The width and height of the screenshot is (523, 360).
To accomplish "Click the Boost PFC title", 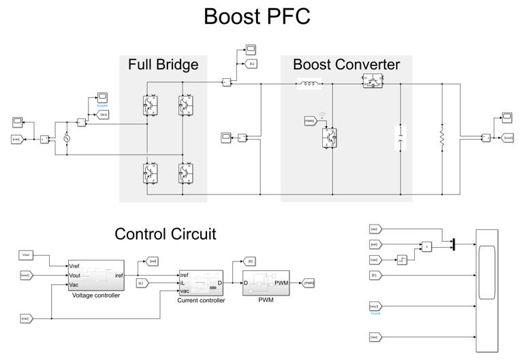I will pos(257,16).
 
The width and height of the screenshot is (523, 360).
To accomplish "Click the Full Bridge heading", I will pos(163,65).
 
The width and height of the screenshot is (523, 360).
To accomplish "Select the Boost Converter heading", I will pos(346,65).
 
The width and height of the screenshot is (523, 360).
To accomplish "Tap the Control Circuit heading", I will pos(165,234).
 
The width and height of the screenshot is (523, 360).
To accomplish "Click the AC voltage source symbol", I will pos(67,138).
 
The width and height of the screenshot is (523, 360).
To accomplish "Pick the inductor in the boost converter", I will pos(309,85).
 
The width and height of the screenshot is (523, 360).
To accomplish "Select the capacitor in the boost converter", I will pos(400,138).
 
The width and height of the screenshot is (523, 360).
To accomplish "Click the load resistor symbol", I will pos(442,138).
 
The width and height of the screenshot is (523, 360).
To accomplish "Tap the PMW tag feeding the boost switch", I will pos(309,121).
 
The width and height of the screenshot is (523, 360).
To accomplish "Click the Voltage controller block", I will pos(95,276).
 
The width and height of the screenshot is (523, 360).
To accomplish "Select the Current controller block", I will pos(201,282).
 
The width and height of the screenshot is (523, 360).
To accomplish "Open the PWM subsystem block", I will pos(266,282).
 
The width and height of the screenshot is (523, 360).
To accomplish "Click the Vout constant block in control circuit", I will pos(26,255).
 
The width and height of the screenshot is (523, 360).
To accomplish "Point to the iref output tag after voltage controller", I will pos(153,261).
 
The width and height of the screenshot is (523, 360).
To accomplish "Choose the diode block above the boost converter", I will pos(372,80).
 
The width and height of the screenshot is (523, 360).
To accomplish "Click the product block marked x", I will pos(426,246).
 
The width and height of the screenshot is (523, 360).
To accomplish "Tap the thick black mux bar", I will pos(452,244).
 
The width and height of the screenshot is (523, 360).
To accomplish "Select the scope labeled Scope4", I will pos(102,97).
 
